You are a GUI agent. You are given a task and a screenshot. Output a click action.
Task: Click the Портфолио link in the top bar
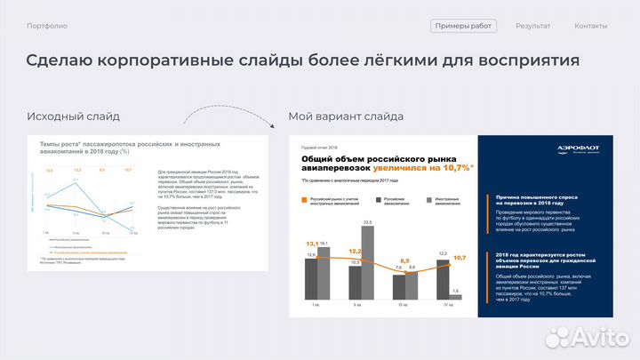pos(47,26)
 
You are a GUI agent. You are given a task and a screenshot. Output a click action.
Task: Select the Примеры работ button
pos(463,26)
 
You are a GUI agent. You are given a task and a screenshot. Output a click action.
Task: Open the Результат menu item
pos(532,26)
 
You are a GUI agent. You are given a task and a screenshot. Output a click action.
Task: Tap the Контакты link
pos(591,26)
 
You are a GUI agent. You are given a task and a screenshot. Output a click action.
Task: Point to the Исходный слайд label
pos(73,116)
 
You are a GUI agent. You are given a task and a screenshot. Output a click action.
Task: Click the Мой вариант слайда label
pos(346,116)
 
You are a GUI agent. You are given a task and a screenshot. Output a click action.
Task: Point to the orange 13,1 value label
pos(312,244)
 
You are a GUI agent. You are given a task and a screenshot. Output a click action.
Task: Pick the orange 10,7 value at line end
pos(460,258)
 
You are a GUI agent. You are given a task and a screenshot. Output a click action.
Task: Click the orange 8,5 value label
pos(405,261)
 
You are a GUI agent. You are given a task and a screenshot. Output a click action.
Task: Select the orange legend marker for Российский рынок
pos(305,201)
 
